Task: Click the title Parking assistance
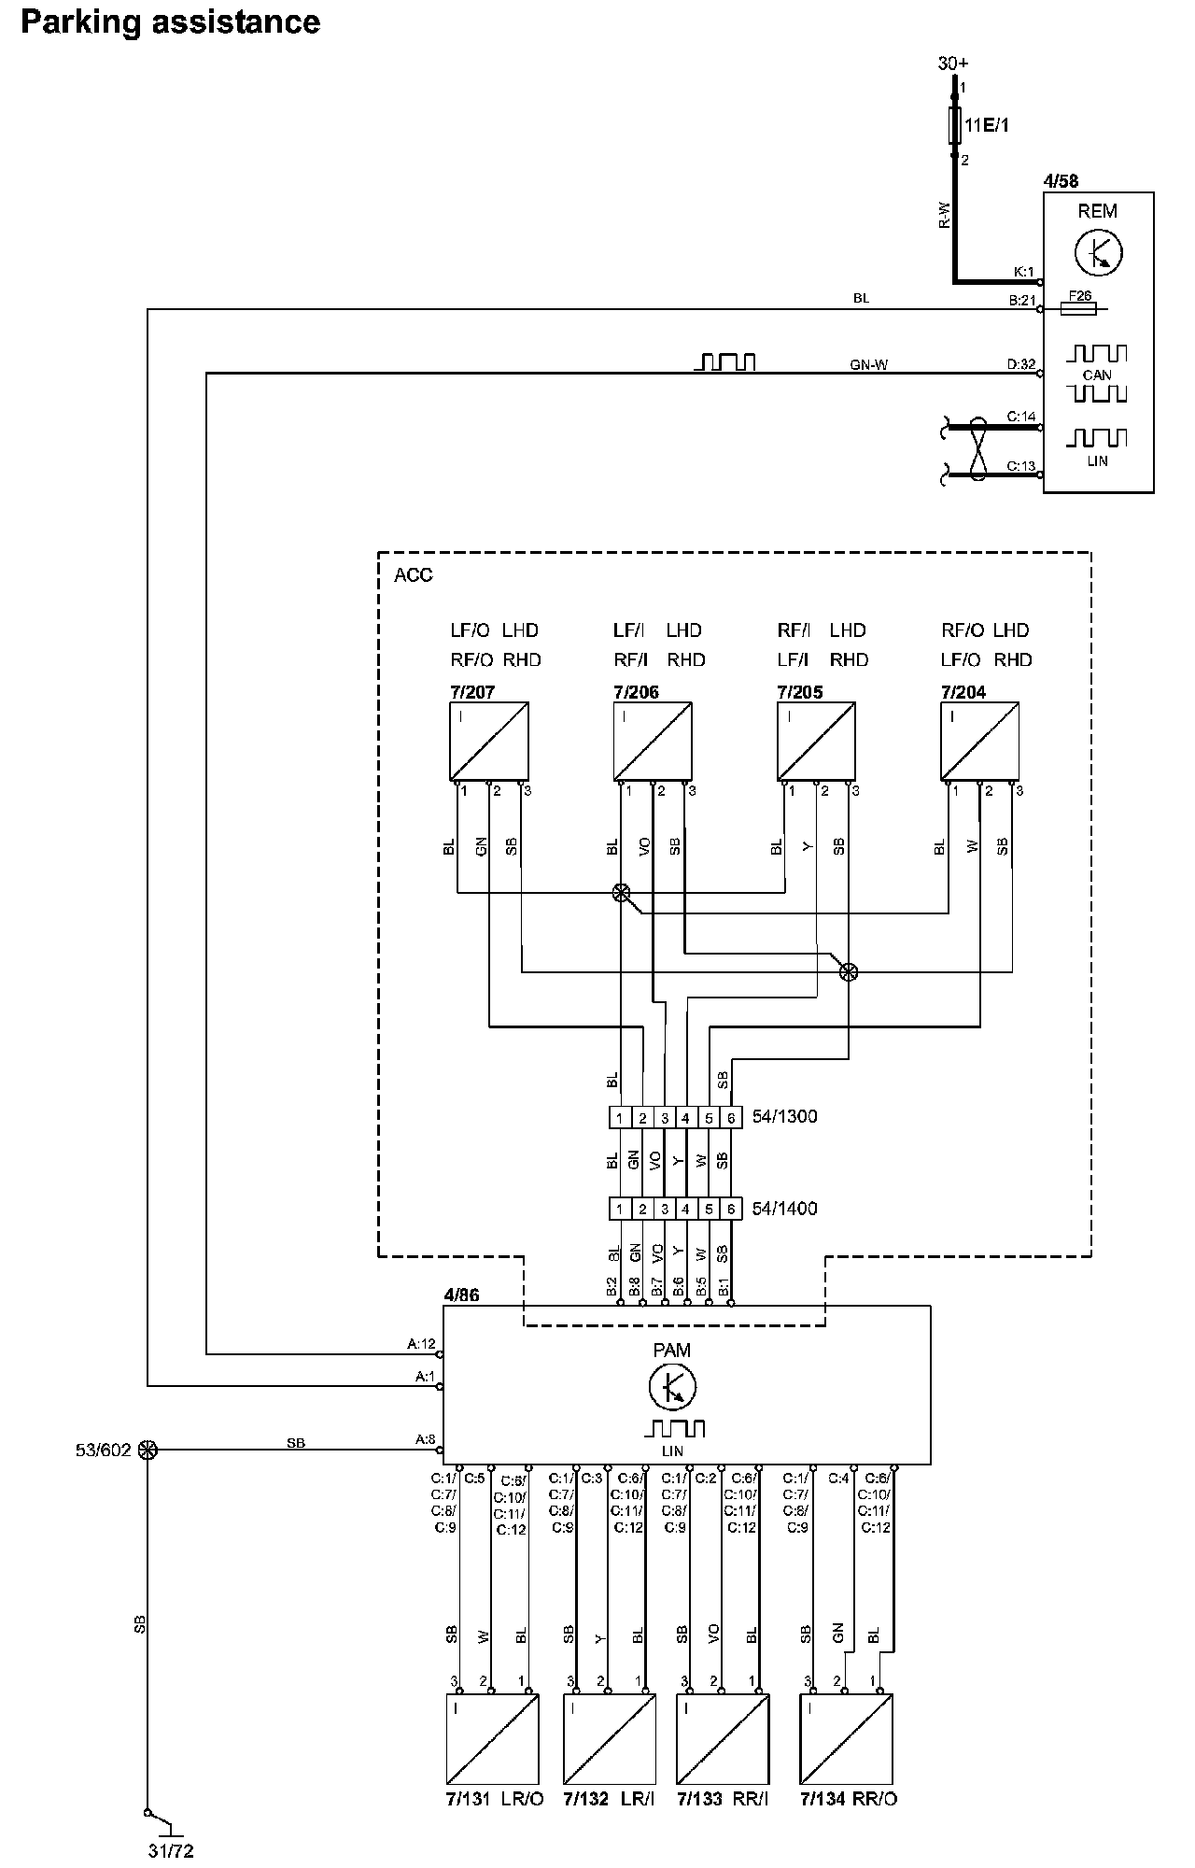tap(170, 21)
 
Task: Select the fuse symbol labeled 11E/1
tap(954, 124)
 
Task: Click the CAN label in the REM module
tap(1097, 375)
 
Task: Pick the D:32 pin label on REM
tap(1021, 364)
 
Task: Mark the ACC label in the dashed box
tap(414, 574)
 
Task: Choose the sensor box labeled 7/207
tap(489, 741)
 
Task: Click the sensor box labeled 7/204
tap(979, 741)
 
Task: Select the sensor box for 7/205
tap(817, 741)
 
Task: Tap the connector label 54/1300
tap(784, 1116)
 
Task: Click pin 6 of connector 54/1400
tap(731, 1209)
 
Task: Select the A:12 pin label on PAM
tap(421, 1345)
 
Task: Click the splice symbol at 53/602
tap(148, 1450)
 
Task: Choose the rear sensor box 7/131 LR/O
tap(493, 1738)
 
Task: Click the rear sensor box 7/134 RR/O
tap(846, 1738)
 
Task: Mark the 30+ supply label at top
tap(953, 64)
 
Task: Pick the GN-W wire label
tap(868, 364)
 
